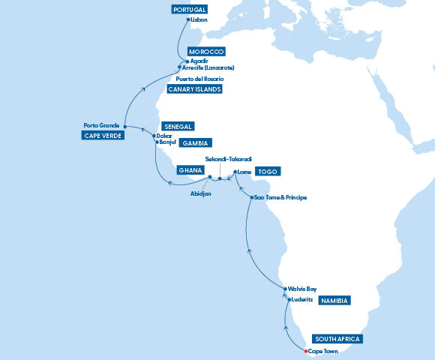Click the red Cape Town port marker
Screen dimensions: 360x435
click(x=306, y=351)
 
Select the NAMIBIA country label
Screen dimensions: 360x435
click(x=334, y=301)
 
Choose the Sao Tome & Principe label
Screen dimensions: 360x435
click(x=280, y=197)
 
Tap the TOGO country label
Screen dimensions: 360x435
click(x=266, y=172)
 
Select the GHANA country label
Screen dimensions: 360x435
click(x=190, y=170)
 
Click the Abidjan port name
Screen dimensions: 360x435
click(x=202, y=193)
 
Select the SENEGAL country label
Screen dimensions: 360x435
click(x=178, y=126)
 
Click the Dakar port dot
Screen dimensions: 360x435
click(x=154, y=136)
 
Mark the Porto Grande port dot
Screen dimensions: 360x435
click(x=125, y=126)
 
